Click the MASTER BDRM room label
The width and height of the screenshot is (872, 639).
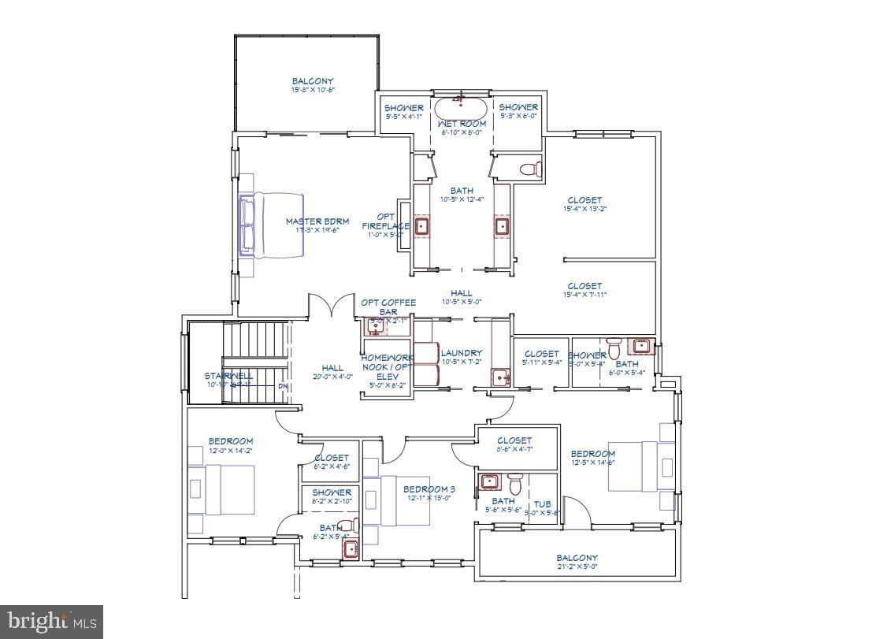(317, 221)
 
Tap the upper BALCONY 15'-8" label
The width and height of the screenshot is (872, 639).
(313, 81)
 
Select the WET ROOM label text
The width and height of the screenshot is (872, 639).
(462, 124)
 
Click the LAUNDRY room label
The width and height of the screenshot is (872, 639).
(462, 353)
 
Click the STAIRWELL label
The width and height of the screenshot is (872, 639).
(228, 376)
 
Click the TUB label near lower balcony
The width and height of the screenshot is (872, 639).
(542, 504)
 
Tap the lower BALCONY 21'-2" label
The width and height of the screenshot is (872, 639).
(577, 558)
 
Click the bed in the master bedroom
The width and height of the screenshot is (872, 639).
(272, 225)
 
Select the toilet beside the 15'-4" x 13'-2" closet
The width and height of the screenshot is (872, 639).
(532, 169)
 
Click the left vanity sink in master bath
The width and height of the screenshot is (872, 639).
(422, 227)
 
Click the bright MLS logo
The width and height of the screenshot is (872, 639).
(52, 622)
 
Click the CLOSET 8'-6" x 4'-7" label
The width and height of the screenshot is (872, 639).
(515, 440)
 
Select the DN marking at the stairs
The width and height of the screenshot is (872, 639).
(283, 387)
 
